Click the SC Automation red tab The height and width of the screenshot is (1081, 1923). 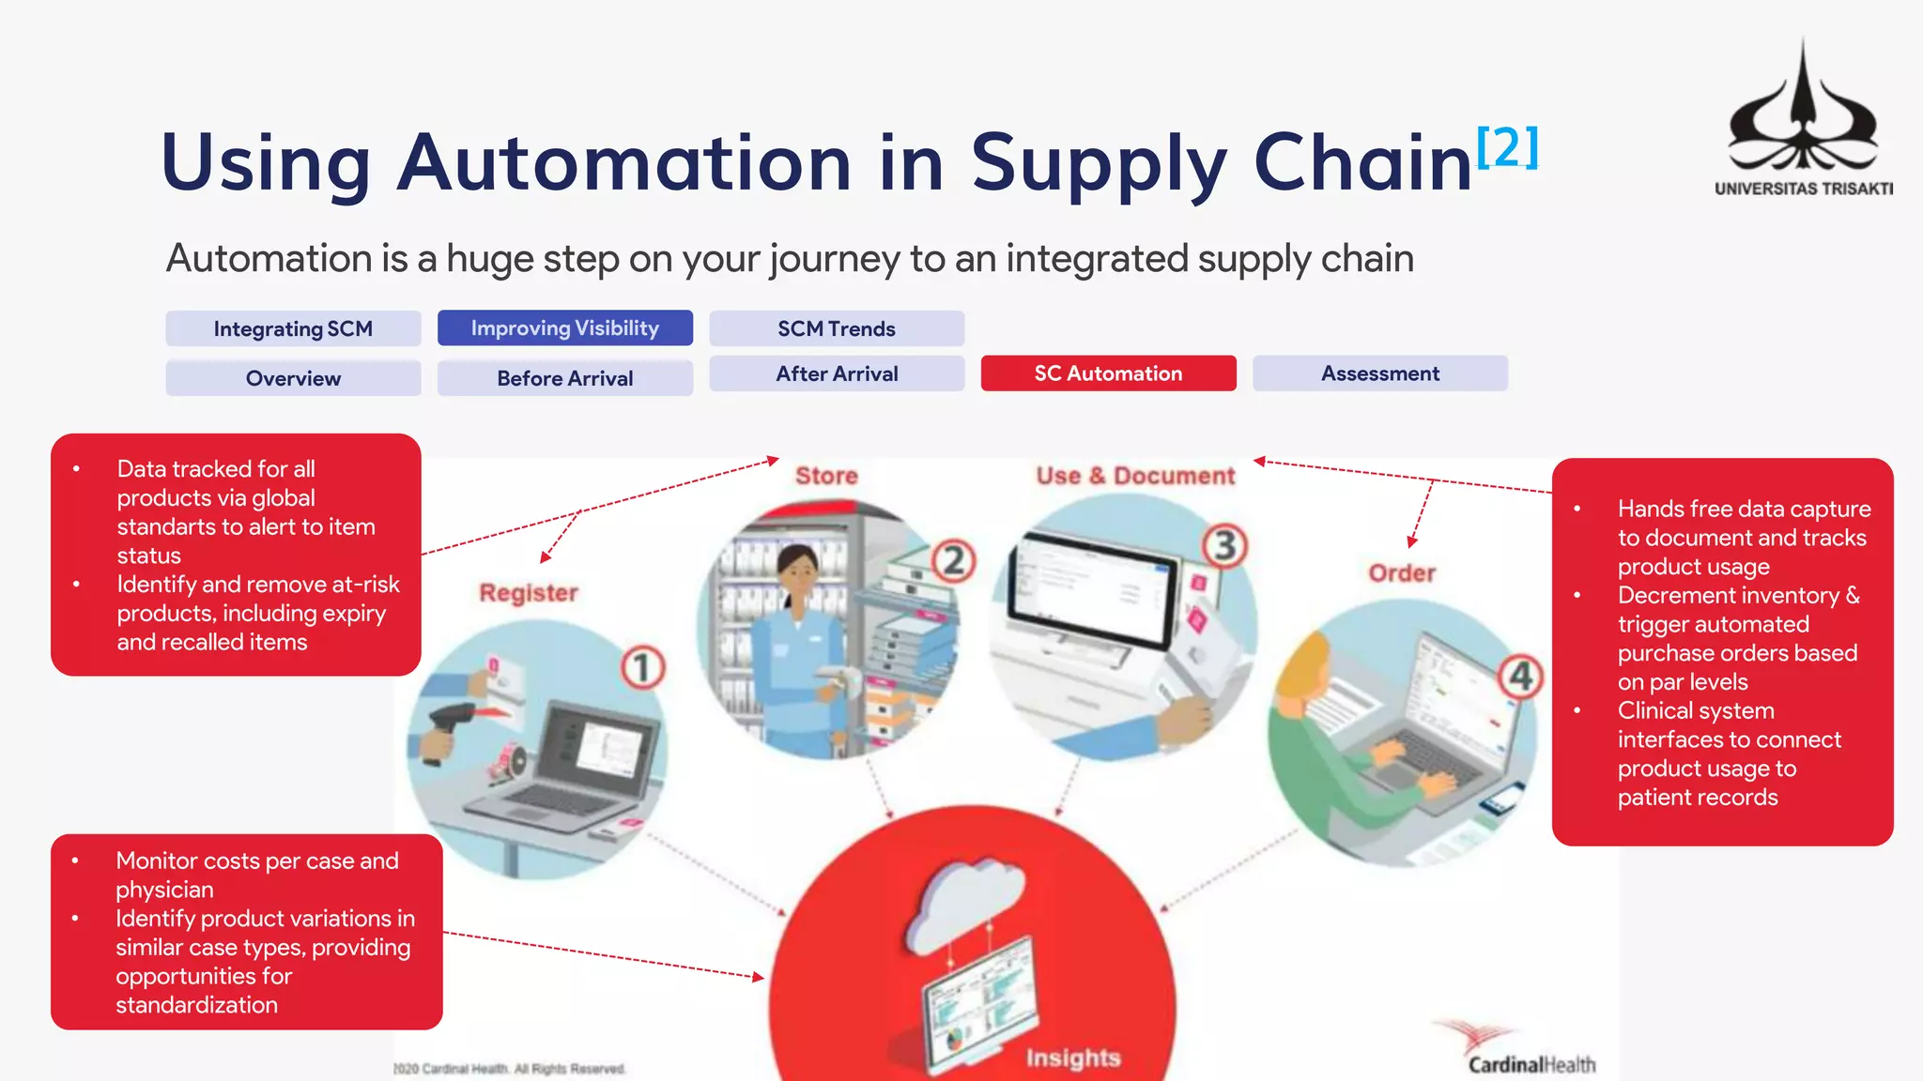point(1108,373)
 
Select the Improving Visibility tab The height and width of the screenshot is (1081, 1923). point(564,328)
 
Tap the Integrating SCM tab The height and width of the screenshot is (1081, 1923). point(293,329)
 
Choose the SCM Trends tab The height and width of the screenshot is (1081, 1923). point(837,329)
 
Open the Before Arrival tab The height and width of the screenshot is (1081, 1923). point(564,378)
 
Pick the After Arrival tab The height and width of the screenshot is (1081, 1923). point(837,373)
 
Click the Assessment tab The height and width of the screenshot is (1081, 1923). point(1379,373)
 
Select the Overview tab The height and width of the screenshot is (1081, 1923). point(293,378)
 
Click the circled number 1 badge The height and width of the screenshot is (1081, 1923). point(643,667)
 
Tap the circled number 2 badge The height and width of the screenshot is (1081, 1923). point(953,560)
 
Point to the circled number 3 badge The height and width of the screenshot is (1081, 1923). point(1225,545)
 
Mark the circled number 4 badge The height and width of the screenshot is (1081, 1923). point(1520,677)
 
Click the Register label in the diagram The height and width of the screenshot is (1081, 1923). point(529,593)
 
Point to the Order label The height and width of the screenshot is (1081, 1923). point(1402,573)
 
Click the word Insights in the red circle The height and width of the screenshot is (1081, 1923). point(1073,1058)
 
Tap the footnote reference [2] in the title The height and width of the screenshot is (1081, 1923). point(1507,147)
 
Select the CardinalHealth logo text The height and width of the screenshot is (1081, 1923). point(1531,1065)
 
